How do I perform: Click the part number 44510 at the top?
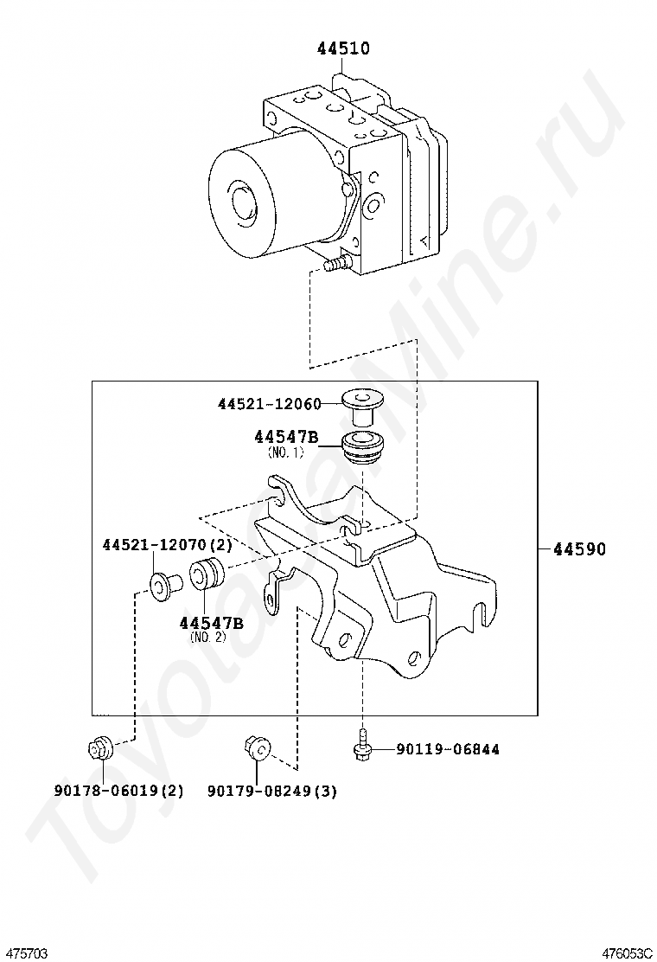coord(342,48)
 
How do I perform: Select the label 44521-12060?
coord(269,404)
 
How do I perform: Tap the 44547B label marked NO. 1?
coord(286,438)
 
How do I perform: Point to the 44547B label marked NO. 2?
coord(212,623)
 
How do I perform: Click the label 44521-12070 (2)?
coord(167,546)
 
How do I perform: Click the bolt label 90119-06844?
coord(447,749)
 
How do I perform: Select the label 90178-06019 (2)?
coord(118,790)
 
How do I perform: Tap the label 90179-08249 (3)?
coord(272,790)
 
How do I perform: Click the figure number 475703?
coord(23,952)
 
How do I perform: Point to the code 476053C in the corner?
coord(628,952)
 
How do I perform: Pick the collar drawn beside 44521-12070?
coord(162,586)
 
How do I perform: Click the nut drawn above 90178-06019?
coord(99,747)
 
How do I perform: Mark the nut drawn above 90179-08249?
coord(256,747)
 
